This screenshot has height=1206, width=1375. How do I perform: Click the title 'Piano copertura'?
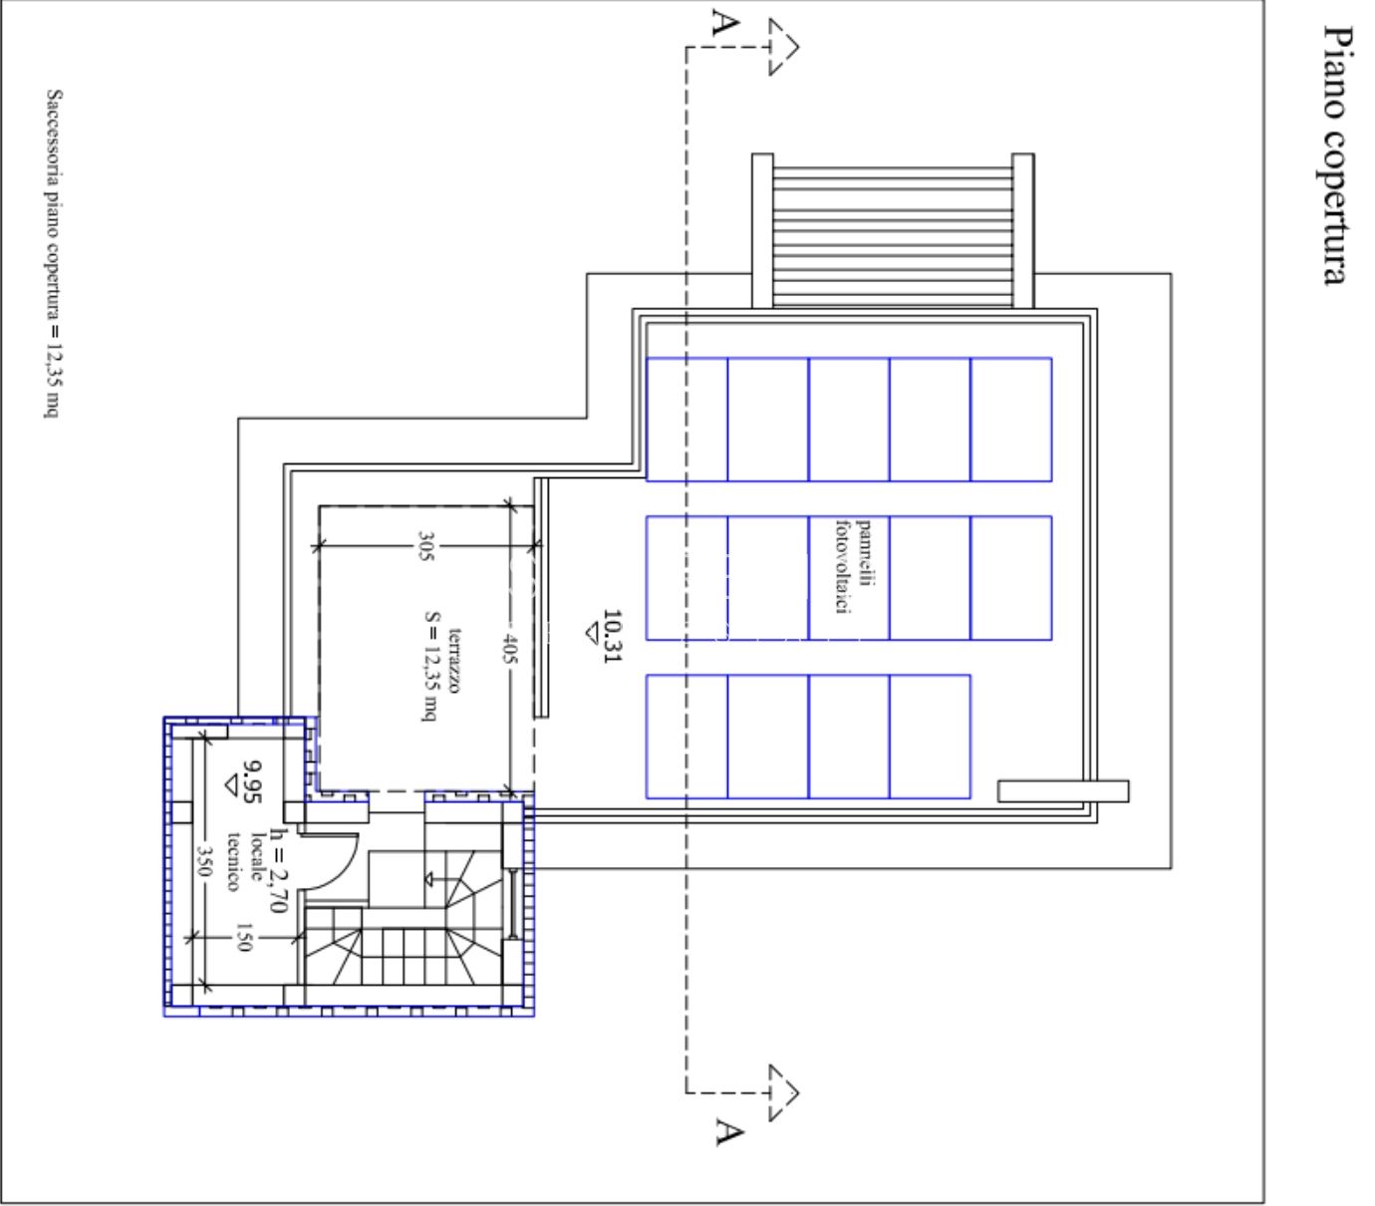point(1336,155)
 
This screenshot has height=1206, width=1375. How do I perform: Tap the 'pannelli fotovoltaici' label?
point(853,566)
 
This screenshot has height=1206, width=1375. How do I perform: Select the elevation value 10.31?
point(612,636)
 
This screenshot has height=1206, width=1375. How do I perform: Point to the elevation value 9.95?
point(252,781)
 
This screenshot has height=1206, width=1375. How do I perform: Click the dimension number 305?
point(425,546)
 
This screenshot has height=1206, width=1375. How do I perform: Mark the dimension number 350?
point(203,860)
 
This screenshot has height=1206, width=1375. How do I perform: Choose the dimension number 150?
point(244,937)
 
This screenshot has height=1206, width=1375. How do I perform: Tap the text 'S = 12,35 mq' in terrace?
point(431,666)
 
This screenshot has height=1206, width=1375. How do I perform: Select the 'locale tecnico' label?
point(245,861)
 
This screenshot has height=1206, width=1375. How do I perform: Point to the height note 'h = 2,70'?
point(278,870)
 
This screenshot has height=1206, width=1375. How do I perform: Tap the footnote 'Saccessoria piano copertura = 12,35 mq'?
point(53,253)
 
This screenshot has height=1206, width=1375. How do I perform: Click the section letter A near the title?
point(724,22)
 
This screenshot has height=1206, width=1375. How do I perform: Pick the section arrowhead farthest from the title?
point(784,1093)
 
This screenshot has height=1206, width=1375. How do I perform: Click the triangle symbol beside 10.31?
point(592,634)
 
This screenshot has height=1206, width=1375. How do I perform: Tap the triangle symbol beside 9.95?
point(231,786)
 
